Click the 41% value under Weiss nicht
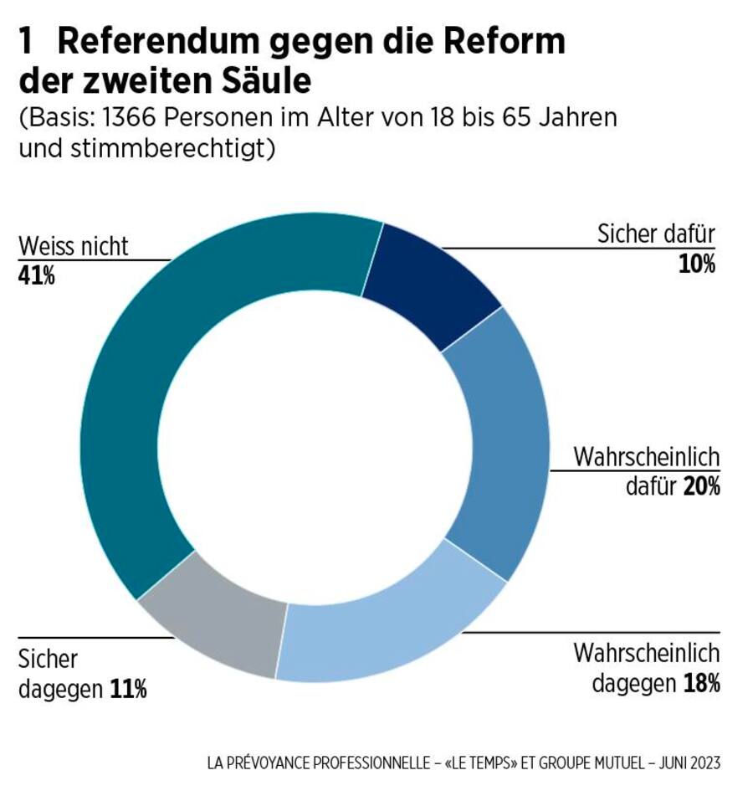36,275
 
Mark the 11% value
128,690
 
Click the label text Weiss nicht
74,247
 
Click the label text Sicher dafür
656,235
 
